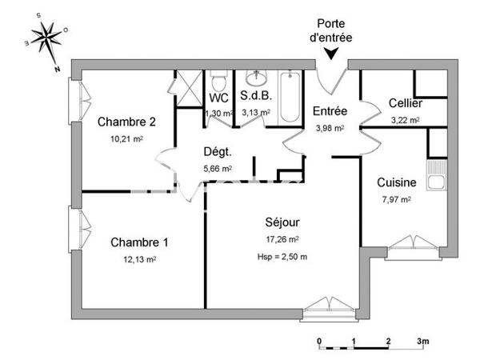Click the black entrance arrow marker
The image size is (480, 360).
click(331, 54)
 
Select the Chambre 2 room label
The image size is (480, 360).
click(126, 122)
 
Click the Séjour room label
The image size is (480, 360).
click(282, 222)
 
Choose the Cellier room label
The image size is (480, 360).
click(406, 104)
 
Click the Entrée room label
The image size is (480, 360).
click(329, 110)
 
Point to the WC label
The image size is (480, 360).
click(218, 98)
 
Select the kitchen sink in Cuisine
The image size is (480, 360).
click(437, 182)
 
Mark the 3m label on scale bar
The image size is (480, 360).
click(422, 341)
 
